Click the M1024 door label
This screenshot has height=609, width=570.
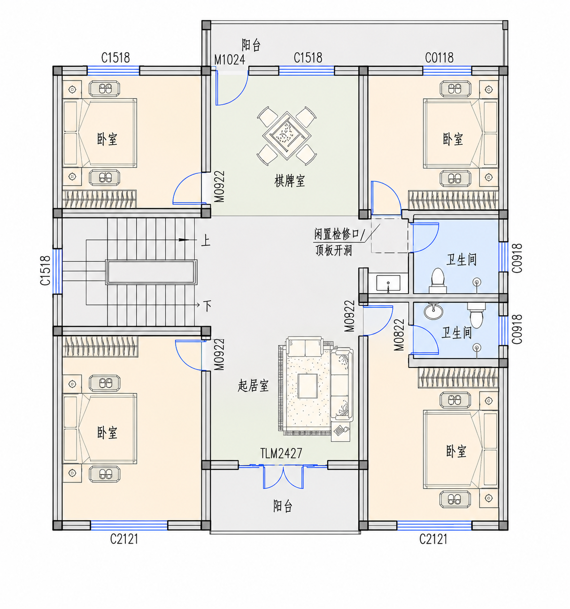click(230, 60)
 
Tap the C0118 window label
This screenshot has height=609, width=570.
click(439, 58)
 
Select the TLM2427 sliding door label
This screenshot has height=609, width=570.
click(281, 453)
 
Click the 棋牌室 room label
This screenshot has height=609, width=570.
click(290, 181)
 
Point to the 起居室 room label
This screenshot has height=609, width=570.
click(253, 386)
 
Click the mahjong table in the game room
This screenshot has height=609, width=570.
click(287, 135)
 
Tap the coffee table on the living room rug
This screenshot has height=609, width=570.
click(308, 386)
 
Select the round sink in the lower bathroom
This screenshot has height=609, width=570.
click(433, 311)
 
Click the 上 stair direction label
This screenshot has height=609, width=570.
click(206, 241)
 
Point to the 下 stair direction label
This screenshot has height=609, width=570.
click(208, 306)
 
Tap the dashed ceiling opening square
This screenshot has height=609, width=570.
click(390, 235)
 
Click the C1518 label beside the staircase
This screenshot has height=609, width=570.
click(46, 271)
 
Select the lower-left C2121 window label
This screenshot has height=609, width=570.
click(124, 539)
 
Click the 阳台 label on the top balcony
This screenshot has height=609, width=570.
click(251, 45)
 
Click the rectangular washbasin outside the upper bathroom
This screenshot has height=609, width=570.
click(388, 283)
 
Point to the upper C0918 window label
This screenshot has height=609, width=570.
click(517, 258)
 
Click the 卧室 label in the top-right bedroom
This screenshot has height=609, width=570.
click(453, 139)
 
